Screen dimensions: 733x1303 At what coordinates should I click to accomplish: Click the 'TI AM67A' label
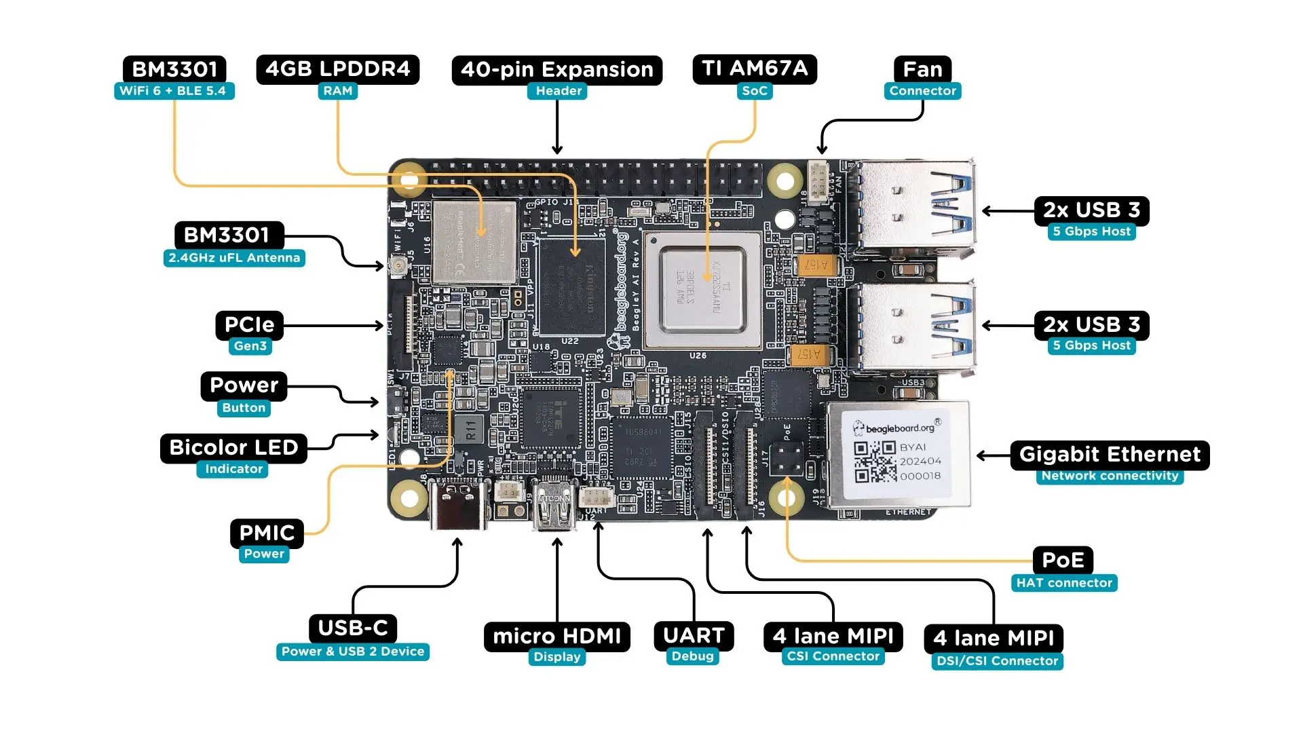click(x=755, y=69)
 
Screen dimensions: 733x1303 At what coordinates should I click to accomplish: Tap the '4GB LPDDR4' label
click(x=337, y=69)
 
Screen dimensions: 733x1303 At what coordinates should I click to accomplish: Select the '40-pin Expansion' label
click(x=556, y=70)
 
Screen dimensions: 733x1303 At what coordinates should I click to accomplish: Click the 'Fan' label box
click(x=922, y=70)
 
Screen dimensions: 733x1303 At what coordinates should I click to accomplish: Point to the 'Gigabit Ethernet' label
click(x=1110, y=454)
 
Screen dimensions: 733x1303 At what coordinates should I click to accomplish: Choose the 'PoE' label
click(x=1063, y=560)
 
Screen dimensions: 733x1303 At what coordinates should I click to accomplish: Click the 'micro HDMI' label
click(x=556, y=637)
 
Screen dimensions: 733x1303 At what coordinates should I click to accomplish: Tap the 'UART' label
click(x=694, y=636)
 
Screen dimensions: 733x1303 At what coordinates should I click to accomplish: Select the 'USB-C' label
click(x=353, y=628)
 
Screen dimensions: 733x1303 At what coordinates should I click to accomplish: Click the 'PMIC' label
click(x=267, y=533)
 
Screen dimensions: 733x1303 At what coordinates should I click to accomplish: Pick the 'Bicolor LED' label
click(x=233, y=448)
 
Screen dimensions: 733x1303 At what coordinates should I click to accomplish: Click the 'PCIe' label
click(x=249, y=325)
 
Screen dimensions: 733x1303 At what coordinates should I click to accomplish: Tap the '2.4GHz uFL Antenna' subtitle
click(x=234, y=258)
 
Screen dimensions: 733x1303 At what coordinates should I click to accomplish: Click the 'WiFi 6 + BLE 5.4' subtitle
click(x=173, y=91)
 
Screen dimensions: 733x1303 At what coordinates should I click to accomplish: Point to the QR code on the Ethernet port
click(x=875, y=462)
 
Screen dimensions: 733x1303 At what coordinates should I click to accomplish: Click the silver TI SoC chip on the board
click(x=702, y=290)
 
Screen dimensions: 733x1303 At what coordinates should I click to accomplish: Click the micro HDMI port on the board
click(x=555, y=506)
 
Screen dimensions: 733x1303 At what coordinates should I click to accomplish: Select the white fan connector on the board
click(x=818, y=181)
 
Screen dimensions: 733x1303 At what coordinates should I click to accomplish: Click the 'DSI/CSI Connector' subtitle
click(x=997, y=661)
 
